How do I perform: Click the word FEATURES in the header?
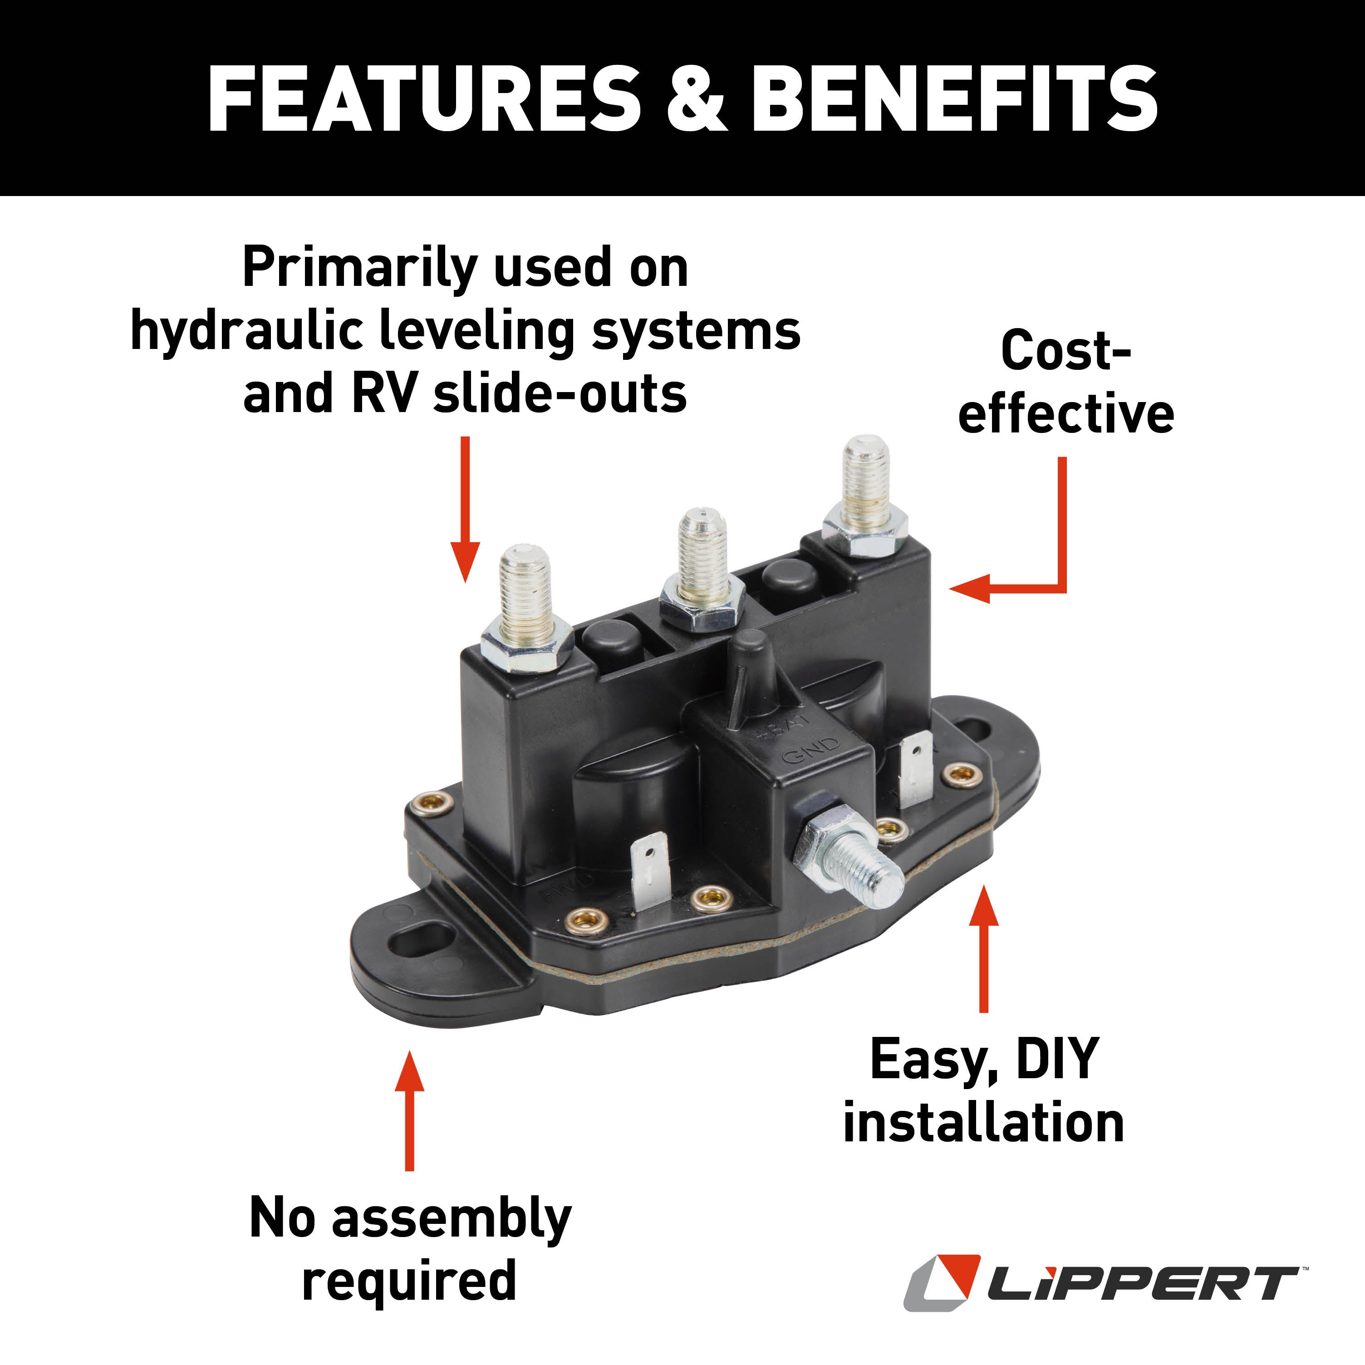423,99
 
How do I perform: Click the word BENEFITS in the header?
954,99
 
